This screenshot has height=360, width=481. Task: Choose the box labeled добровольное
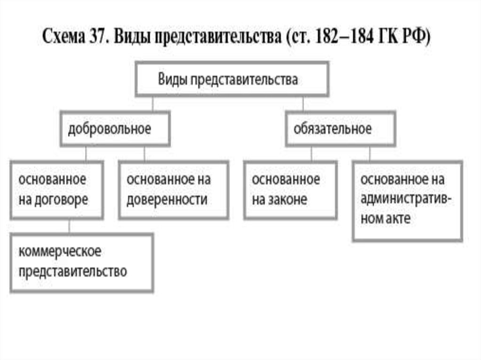tap(115, 129)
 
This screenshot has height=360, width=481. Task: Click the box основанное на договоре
tap(56, 190)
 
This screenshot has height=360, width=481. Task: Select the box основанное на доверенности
tap(173, 190)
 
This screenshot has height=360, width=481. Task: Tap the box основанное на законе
tap(290, 190)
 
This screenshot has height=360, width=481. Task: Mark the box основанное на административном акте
tap(407, 200)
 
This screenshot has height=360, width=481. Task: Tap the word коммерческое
tap(60, 252)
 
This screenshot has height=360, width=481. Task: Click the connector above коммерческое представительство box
tap(70, 227)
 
